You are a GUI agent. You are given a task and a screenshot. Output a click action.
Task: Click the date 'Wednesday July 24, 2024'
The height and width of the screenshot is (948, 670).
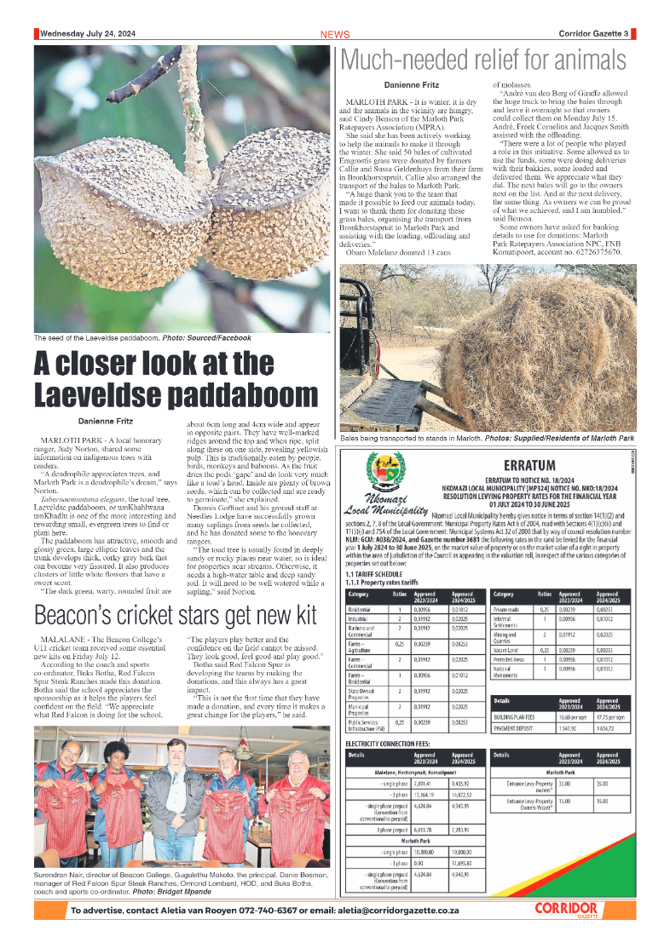tap(86, 34)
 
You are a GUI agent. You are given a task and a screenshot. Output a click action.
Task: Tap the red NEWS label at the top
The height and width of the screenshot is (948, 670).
tap(335, 35)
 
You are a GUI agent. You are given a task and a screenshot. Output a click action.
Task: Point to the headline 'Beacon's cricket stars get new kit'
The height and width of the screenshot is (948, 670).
tap(175, 567)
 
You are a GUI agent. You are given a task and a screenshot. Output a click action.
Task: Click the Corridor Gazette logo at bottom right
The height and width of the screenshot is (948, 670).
tap(566, 911)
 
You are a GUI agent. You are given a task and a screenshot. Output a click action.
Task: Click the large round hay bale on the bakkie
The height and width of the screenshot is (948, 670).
tap(554, 358)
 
